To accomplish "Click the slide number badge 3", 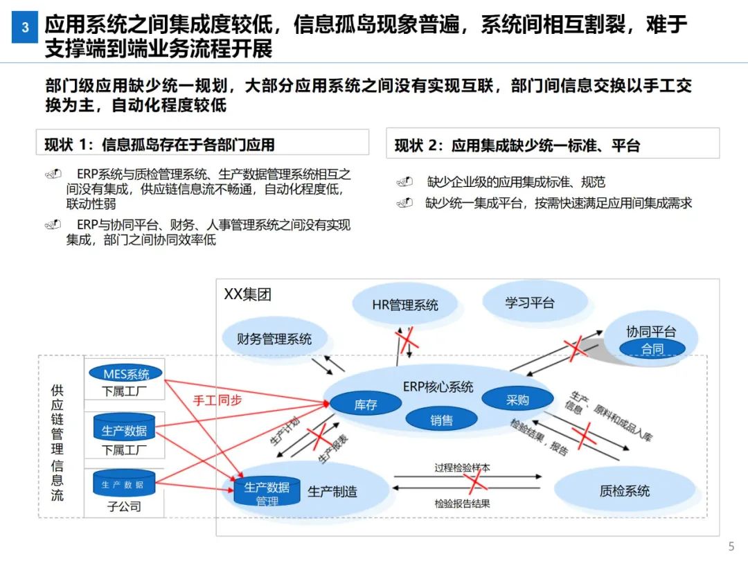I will click(25, 28).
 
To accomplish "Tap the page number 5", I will click(731, 546).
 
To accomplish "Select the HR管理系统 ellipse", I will click(405, 305).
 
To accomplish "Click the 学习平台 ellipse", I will click(530, 303).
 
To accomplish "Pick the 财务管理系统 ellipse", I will click(274, 339).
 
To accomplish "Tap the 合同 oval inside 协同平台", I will click(652, 349).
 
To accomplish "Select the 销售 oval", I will click(441, 420).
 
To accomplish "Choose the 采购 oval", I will click(517, 400).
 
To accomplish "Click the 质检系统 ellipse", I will click(625, 491).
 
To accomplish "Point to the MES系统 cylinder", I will click(126, 374).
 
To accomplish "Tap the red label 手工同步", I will click(217, 400).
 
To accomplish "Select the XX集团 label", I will click(247, 294).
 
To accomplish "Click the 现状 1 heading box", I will click(202, 144).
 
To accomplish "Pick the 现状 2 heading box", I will click(553, 145).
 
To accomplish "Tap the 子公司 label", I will click(124, 506).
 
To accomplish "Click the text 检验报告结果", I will click(463, 504).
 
